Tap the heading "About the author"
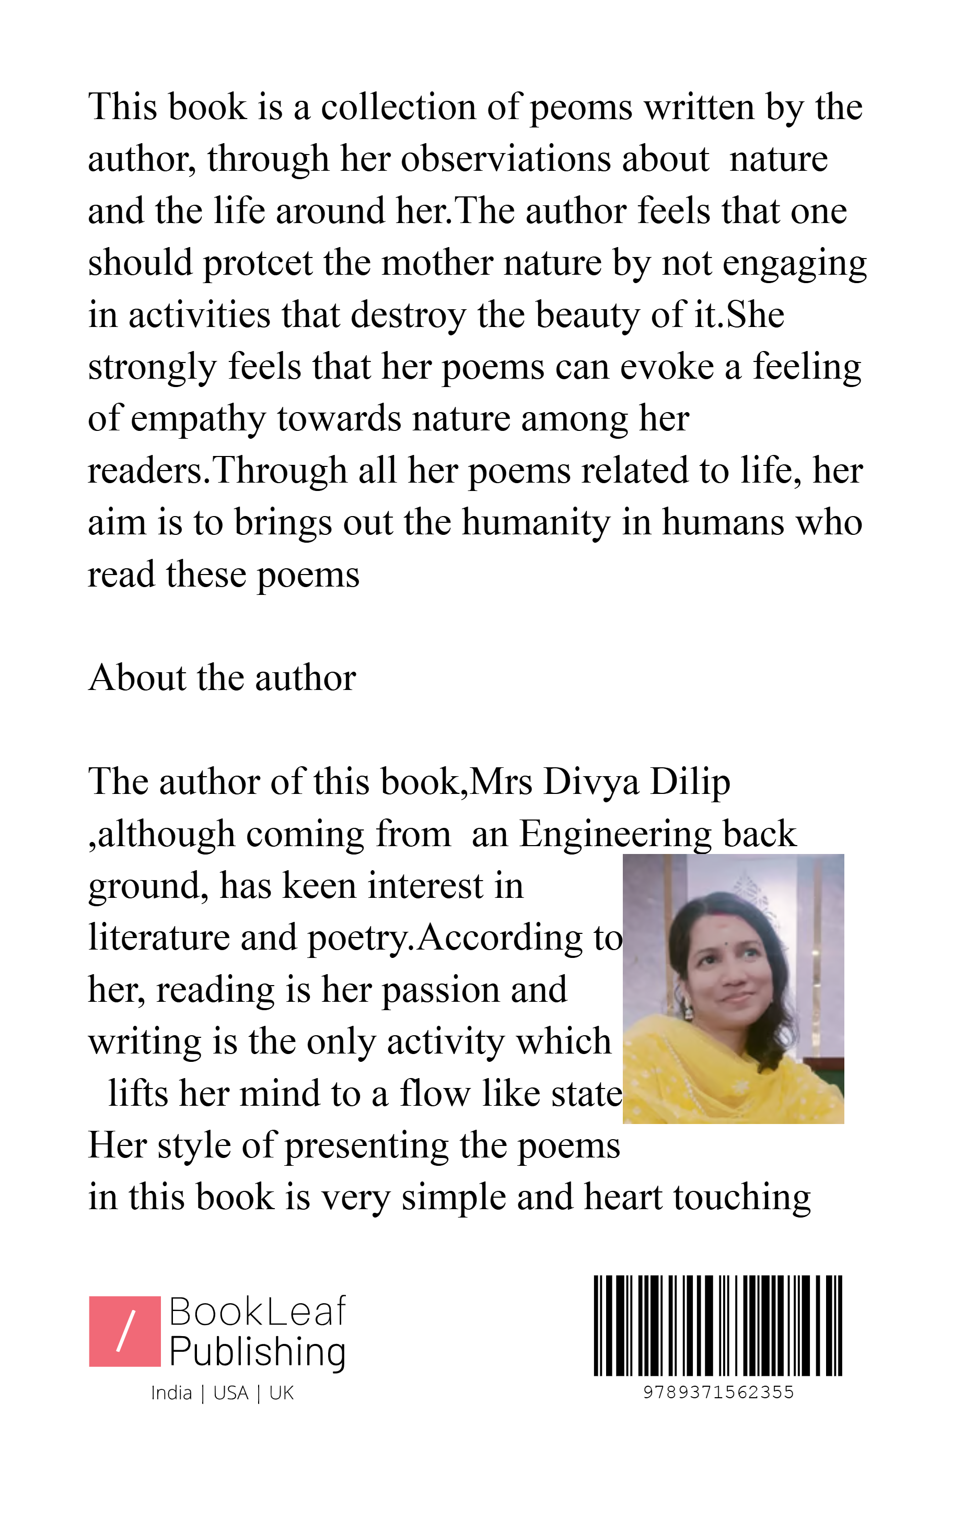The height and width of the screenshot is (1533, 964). click(x=222, y=678)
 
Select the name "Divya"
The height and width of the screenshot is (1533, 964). click(x=591, y=782)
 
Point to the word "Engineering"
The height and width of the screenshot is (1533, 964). click(x=615, y=834)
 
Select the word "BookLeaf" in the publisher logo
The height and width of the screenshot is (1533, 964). click(x=257, y=1312)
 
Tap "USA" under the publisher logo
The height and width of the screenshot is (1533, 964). click(x=230, y=1394)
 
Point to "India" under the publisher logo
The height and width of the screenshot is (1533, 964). click(x=171, y=1394)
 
